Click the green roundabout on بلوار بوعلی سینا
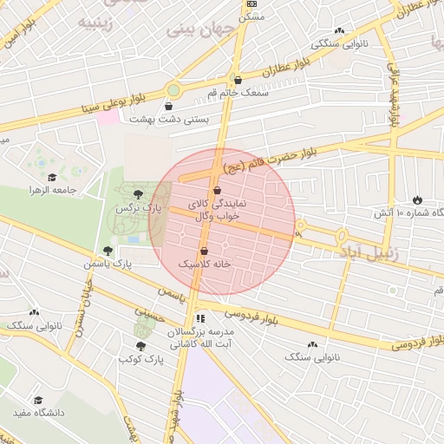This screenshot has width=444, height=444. pos(173,89)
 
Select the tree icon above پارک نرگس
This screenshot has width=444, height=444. pos(139,194)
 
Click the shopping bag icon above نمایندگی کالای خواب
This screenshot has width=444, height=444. pos(216,190)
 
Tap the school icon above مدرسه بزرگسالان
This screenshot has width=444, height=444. pos(200,318)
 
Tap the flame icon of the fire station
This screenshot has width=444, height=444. pos(418,199)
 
